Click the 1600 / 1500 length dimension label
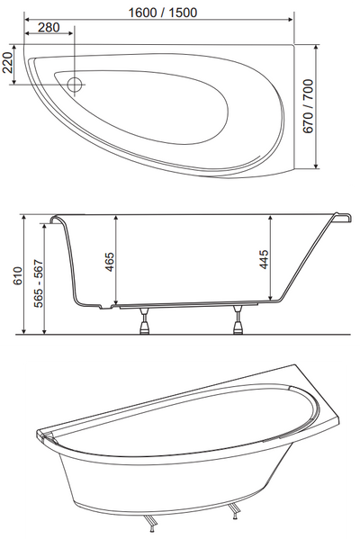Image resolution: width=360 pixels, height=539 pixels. click(163, 13)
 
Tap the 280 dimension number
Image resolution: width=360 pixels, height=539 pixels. click(49, 28)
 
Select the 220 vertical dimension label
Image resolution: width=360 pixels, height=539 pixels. click(7, 63)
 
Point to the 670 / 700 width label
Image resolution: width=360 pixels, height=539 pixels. click(308, 106)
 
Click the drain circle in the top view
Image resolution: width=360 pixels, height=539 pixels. click(75, 85)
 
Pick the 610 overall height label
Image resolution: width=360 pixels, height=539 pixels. click(18, 275)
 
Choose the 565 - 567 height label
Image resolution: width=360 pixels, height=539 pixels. click(39, 283)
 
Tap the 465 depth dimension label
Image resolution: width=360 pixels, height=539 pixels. click(110, 262)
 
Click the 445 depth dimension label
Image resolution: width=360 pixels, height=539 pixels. click(265, 259)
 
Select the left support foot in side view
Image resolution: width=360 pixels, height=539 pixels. click(144, 320)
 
